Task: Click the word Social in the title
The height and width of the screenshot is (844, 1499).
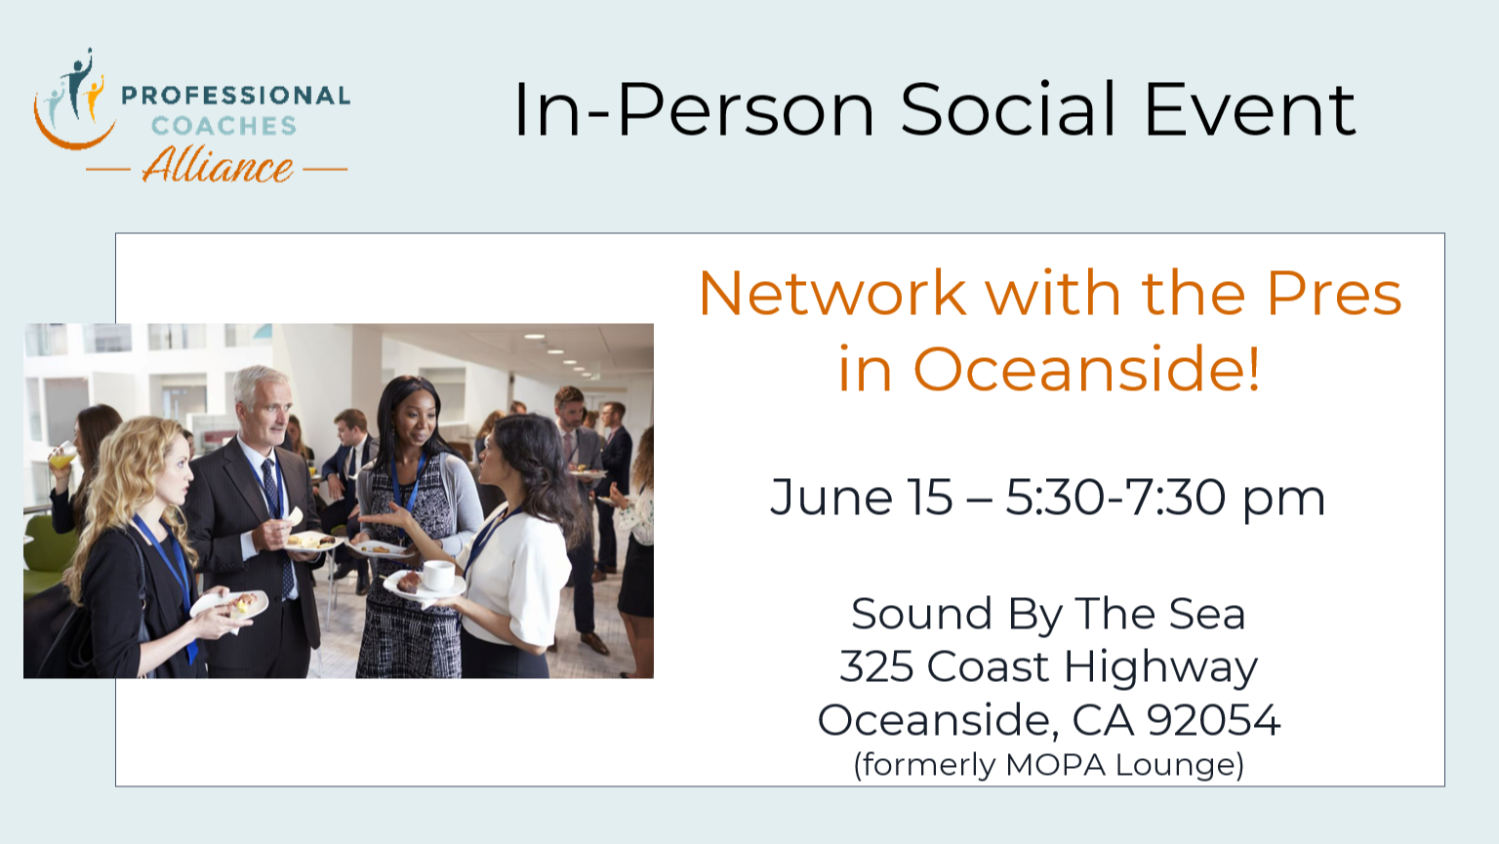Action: pyautogui.click(x=1008, y=109)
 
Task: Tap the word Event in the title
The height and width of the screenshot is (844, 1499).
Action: pyautogui.click(x=1250, y=109)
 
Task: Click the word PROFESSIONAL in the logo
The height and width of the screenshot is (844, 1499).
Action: pyautogui.click(x=235, y=95)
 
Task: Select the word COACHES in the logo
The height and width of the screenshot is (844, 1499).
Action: pyautogui.click(x=223, y=126)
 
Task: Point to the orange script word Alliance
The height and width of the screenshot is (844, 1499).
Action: pyautogui.click(x=218, y=165)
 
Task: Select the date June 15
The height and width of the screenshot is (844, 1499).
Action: pyautogui.click(x=862, y=499)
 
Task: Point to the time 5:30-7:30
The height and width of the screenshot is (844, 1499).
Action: pyautogui.click(x=1115, y=498)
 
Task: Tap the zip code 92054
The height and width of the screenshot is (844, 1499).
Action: pyautogui.click(x=1213, y=720)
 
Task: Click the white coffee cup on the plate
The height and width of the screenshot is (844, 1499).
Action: pyautogui.click(x=438, y=577)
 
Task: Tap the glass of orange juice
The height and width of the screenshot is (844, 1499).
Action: pyautogui.click(x=63, y=456)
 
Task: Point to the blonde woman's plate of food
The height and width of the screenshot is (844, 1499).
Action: pyautogui.click(x=229, y=604)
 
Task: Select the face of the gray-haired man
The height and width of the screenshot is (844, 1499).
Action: pyautogui.click(x=269, y=407)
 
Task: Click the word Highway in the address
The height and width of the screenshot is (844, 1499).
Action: pyautogui.click(x=1160, y=668)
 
